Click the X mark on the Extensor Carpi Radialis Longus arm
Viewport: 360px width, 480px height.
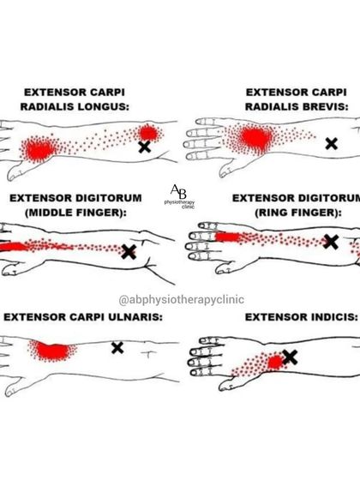point(145,147)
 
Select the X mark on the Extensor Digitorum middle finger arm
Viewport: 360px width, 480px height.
point(129,251)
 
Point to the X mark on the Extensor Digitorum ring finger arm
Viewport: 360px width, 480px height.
point(330,242)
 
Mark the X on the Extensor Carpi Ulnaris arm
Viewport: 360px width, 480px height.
point(117,347)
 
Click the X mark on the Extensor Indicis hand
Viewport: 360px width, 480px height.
point(290,357)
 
